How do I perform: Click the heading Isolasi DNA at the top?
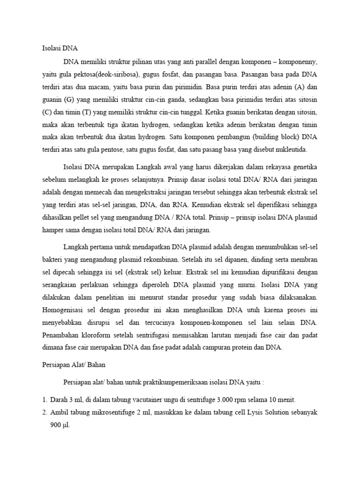(x=57, y=48)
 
